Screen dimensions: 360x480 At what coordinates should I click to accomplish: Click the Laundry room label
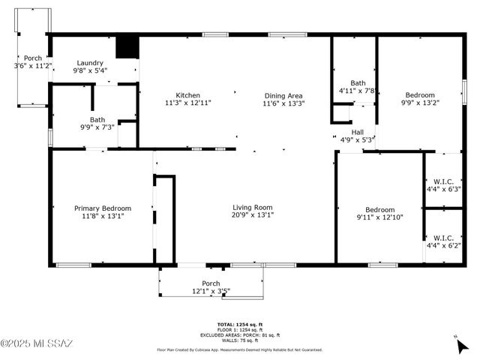click(89, 63)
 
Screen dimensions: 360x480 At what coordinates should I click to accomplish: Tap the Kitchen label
click(187, 95)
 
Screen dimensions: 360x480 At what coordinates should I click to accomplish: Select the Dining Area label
click(283, 95)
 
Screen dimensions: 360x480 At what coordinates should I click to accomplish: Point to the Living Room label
click(251, 208)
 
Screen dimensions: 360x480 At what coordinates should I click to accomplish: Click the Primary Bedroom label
click(102, 208)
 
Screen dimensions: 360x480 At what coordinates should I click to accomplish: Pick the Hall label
click(358, 132)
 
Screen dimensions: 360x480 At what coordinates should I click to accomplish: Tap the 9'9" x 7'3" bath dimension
click(97, 127)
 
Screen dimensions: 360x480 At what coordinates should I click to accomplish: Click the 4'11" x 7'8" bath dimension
click(357, 90)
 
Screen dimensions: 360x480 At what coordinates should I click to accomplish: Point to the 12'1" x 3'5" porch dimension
click(211, 291)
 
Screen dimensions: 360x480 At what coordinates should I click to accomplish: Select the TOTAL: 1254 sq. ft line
click(239, 324)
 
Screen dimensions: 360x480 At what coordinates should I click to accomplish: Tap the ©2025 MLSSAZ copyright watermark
click(37, 343)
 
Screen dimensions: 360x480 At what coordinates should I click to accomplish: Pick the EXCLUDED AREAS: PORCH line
click(239, 334)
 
